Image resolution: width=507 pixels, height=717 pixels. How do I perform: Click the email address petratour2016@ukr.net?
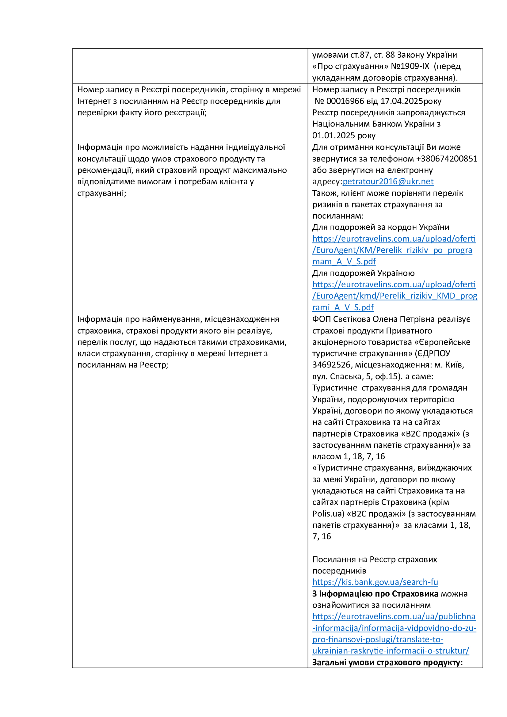tap(388, 181)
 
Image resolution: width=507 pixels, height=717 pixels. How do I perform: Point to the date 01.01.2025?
tap(334, 135)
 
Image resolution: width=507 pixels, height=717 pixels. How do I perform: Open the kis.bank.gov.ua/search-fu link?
tap(375, 582)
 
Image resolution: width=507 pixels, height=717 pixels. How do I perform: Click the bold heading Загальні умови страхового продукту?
tap(387, 662)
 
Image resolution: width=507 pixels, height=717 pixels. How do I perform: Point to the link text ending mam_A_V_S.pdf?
tap(344, 261)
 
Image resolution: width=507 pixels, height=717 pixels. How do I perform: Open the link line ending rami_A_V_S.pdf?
tap(343, 307)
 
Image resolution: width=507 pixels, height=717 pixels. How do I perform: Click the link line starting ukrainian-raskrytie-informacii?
tap(391, 651)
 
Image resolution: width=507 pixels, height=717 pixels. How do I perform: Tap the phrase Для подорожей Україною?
tap(364, 273)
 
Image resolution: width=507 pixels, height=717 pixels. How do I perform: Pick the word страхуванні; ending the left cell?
tap(101, 193)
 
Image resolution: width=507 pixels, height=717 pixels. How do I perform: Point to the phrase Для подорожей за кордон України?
tap(381, 227)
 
